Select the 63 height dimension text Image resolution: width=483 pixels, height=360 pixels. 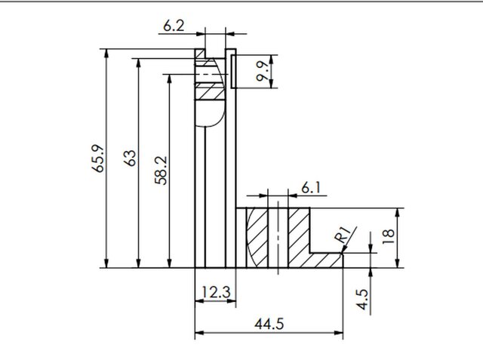pos(130,158)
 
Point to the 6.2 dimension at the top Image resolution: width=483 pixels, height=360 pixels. pos(173,26)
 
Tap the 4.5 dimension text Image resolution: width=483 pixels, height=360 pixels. pos(364,300)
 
